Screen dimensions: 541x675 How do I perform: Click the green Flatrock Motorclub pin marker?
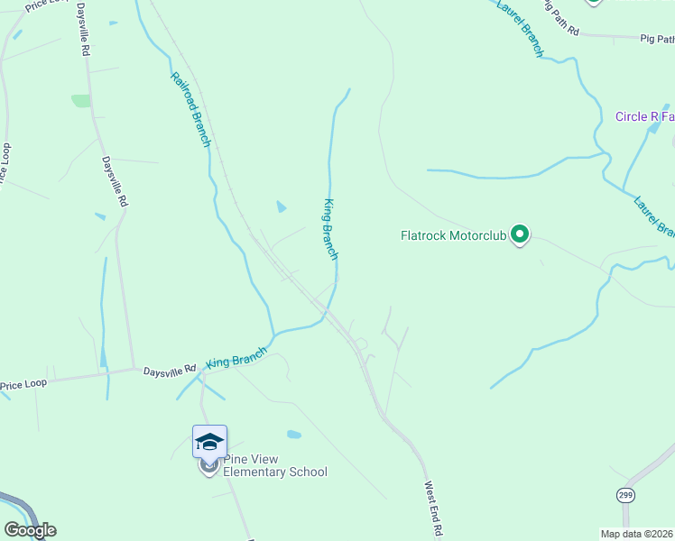pos(520,235)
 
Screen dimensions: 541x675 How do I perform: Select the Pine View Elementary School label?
pos(274,465)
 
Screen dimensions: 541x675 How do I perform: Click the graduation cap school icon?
pos(209,442)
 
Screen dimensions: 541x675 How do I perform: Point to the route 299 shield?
pos(625,495)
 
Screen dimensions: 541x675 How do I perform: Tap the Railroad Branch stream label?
pos(190,108)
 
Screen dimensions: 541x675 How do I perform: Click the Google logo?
pos(30,530)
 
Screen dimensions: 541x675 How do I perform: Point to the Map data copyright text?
pos(636,533)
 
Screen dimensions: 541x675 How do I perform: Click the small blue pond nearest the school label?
pos(294,435)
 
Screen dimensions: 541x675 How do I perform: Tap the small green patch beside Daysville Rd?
pos(81,101)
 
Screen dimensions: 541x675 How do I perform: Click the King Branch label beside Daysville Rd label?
pos(236,357)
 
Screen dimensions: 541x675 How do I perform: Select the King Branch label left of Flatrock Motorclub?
pos(330,229)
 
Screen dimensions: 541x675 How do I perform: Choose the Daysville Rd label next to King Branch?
pos(169,369)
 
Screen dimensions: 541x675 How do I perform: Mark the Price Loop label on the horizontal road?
pos(23,385)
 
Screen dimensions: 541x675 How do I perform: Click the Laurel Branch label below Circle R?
pos(653,216)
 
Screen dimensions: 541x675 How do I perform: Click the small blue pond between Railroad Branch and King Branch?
pos(281,206)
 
